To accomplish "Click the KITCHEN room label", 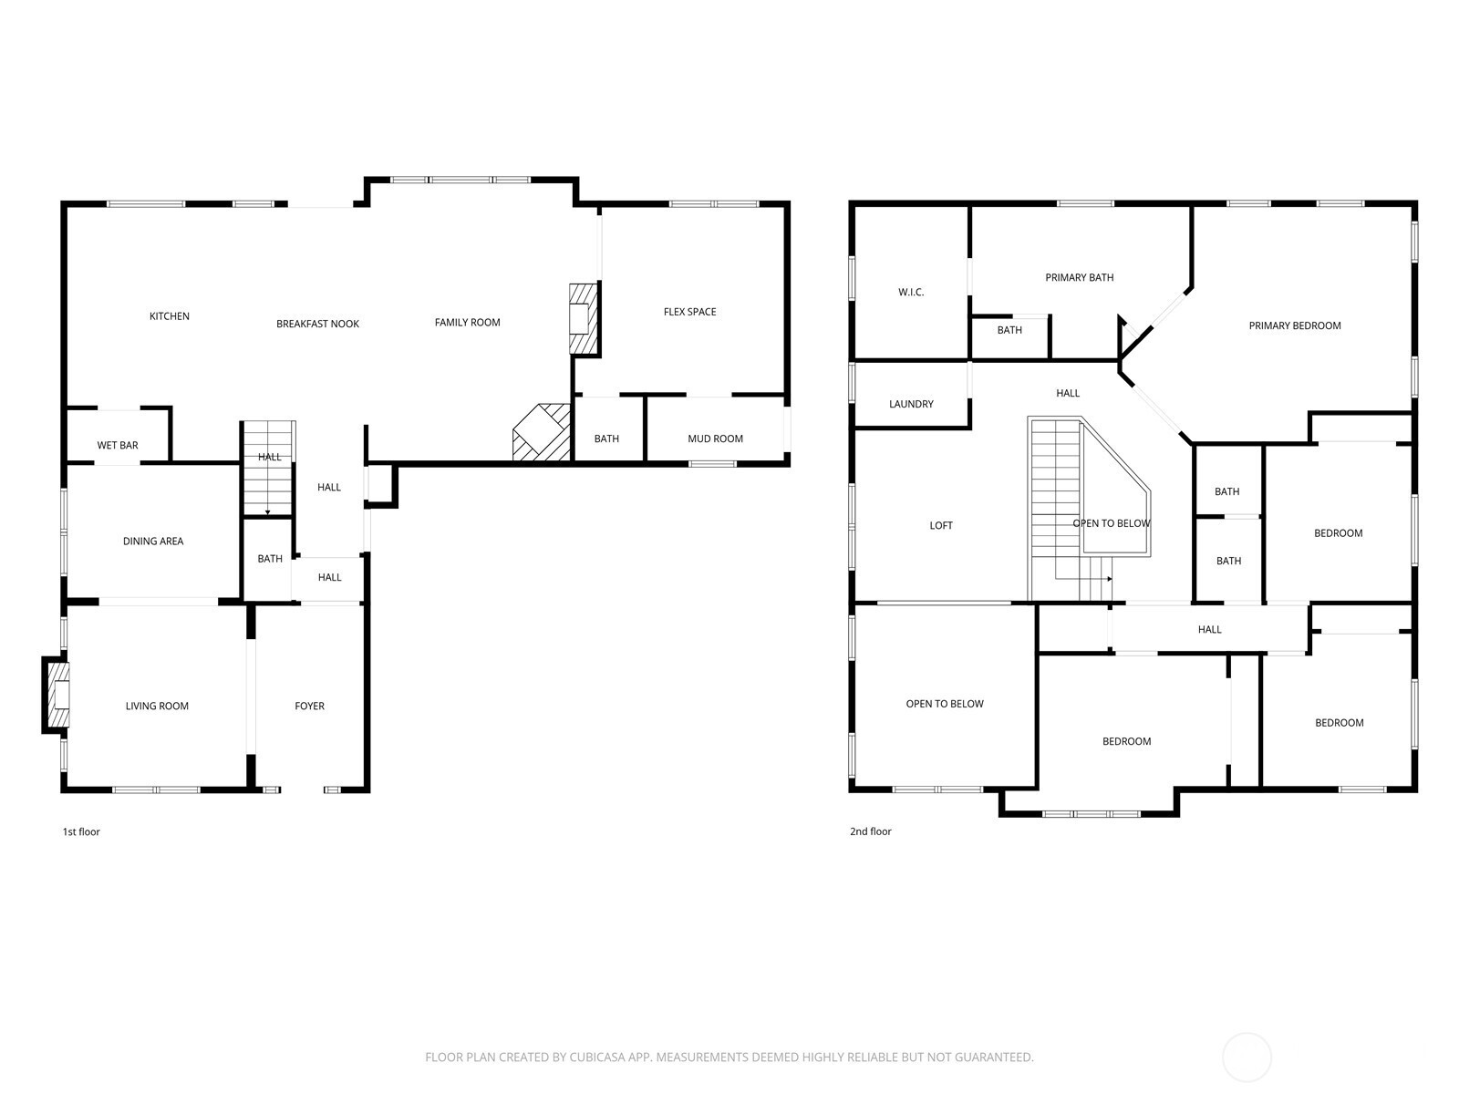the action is click(169, 316).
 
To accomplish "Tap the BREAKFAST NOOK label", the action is click(317, 324).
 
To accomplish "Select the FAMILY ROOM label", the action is click(467, 322).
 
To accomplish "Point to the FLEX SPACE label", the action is click(689, 312).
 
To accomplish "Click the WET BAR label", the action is click(118, 445).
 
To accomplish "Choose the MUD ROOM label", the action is click(715, 439).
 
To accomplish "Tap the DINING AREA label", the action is click(153, 541).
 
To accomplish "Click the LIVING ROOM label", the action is click(157, 706).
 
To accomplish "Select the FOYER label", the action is click(310, 706).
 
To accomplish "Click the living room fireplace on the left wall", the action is click(57, 695).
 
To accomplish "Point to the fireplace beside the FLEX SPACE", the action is click(585, 319).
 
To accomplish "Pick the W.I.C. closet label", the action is click(911, 293).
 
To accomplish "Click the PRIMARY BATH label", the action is click(1079, 277).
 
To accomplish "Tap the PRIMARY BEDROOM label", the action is click(1294, 325).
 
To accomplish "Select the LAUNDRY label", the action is click(911, 404).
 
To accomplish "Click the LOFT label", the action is click(940, 525).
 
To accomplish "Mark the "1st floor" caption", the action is click(81, 831).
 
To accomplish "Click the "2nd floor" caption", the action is click(870, 831).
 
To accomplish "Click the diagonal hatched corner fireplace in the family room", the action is click(542, 432).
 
